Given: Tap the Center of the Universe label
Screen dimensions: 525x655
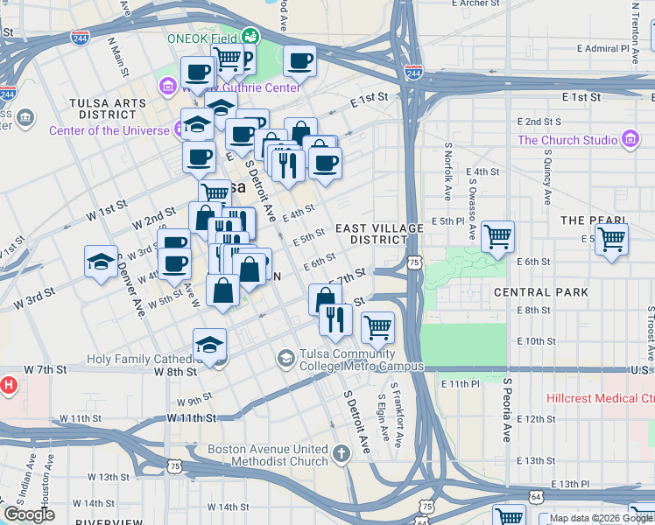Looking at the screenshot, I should (109, 130).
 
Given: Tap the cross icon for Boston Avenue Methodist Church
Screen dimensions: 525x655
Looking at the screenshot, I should (341, 455).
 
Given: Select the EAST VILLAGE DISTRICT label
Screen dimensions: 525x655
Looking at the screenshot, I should (379, 234).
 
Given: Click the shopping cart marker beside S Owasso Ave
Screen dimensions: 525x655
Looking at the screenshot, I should (497, 235).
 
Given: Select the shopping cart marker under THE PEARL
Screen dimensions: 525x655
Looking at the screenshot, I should (611, 238).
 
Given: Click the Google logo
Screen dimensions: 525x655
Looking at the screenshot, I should (29, 514).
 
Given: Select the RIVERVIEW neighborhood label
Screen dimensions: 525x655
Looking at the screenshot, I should (109, 521).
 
